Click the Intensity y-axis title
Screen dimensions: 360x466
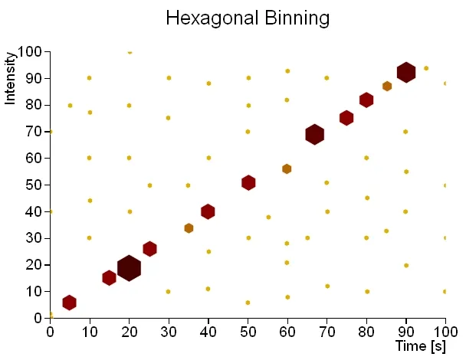point(11,77)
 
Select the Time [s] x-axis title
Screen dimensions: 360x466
point(421,346)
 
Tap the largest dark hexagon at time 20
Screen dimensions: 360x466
point(129,267)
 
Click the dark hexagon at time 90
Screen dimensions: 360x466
point(406,72)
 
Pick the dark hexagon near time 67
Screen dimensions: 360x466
point(314,134)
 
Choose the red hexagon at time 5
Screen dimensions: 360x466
point(69,303)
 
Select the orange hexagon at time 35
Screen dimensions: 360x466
point(189,228)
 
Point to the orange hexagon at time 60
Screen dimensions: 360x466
point(287,169)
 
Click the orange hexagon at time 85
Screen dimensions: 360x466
point(387,87)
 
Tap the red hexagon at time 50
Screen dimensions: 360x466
point(248,182)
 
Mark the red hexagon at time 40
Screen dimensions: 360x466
point(208,211)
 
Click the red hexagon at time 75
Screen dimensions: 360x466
point(346,118)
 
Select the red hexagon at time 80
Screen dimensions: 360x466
point(366,100)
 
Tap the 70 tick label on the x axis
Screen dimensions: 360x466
point(327,332)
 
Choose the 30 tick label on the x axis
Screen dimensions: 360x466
point(169,332)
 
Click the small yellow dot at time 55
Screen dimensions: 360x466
point(268,217)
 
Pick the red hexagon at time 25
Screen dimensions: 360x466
point(149,248)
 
